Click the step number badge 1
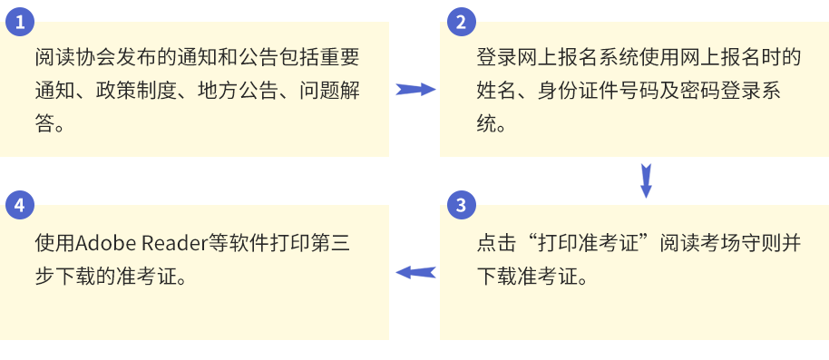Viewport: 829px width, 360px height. pos(19,21)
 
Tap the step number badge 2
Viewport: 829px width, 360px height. pos(461,21)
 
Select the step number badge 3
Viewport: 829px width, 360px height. pos(461,205)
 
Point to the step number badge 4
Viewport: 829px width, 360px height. pos(19,205)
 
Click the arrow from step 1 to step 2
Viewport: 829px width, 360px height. pos(415,89)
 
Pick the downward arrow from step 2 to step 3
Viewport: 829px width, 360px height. pos(646,180)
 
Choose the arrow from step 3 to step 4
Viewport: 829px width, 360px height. pos(415,272)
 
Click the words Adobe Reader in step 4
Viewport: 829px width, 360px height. pos(132,244)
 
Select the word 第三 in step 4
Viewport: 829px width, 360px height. pos(327,244)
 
